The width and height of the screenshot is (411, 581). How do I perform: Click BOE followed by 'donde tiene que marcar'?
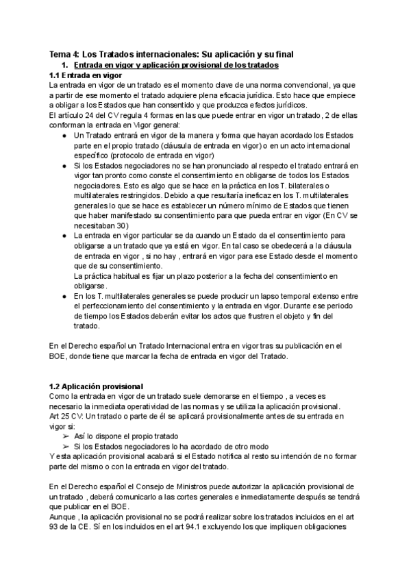[x=60, y=356]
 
